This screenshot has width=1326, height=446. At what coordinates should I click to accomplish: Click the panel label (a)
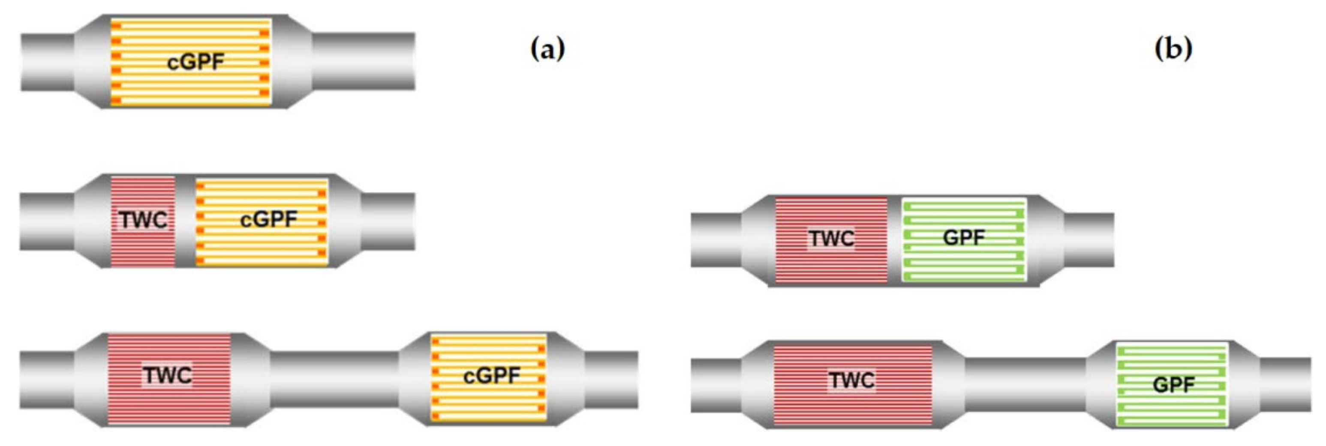coord(547,49)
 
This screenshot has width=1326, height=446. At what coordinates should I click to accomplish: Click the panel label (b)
coord(1173,49)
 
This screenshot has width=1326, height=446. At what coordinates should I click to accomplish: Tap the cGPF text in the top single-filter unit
coord(195,62)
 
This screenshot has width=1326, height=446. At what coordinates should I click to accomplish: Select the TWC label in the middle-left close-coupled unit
coord(144,220)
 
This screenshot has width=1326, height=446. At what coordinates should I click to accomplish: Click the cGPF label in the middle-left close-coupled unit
coord(268,220)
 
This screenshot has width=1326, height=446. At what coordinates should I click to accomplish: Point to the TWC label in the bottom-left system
coord(168,375)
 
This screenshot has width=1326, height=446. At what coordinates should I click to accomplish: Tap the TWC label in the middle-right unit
coord(831,239)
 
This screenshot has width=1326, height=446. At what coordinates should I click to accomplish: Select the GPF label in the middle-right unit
coord(964,238)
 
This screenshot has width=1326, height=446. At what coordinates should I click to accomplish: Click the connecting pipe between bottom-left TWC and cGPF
coord(334,380)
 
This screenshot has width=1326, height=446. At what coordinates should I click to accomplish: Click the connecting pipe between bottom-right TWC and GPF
coord(1024,385)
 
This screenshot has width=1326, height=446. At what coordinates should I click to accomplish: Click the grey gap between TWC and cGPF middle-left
coord(185,221)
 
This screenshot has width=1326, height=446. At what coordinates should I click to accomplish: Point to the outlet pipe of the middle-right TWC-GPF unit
coord(1088,240)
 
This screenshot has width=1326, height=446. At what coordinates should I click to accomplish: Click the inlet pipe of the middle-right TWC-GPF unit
coord(716,240)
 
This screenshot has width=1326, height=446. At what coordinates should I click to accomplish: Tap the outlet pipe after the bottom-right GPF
coord(1285,385)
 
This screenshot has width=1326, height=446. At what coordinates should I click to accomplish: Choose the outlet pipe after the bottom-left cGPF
coord(611,380)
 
